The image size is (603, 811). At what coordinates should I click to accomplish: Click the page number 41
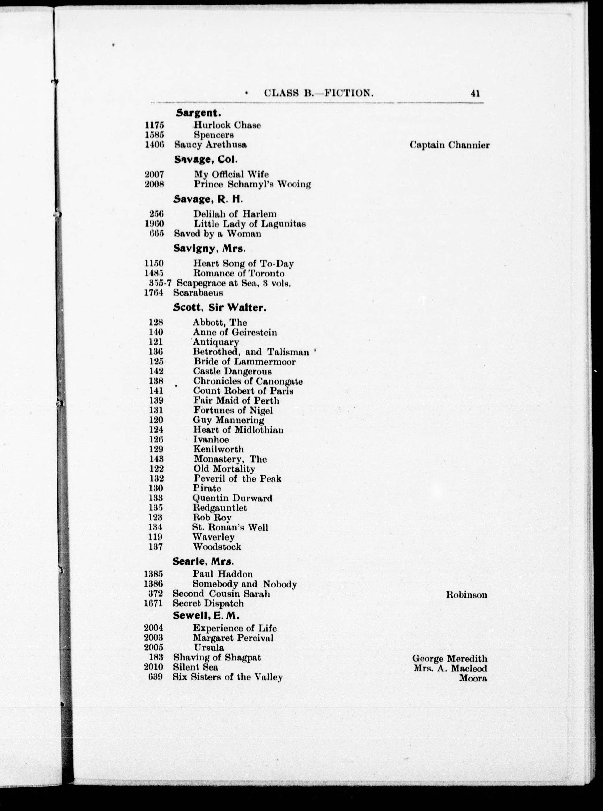coord(475,94)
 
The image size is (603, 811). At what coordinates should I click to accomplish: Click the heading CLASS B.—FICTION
coord(318,94)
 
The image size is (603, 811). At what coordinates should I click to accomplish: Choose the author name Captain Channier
coord(449,145)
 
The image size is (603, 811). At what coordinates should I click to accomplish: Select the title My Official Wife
coord(231,174)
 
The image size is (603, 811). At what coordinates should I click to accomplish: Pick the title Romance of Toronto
coord(239,273)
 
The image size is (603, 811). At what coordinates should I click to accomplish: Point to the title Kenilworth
coord(218,449)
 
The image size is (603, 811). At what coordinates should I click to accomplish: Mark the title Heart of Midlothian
coord(238,430)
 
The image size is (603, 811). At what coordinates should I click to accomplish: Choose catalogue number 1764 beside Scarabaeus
coord(153,293)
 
